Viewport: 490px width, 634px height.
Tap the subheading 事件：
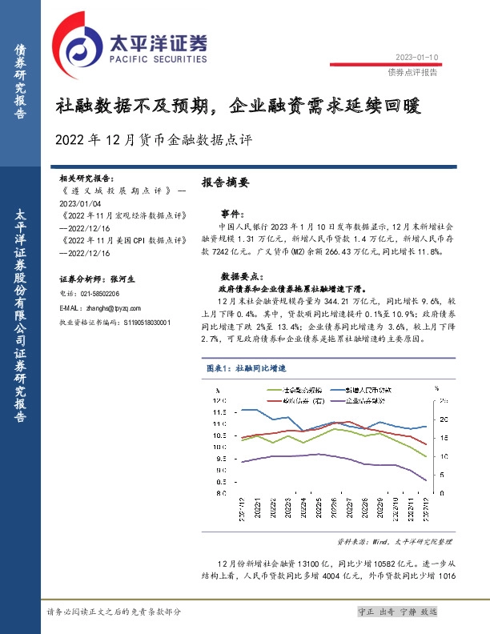(231, 214)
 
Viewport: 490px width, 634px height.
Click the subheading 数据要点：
(237, 273)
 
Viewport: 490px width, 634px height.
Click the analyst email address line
(100, 308)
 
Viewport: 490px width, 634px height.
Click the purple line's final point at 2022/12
(425, 480)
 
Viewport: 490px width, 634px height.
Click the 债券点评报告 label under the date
(412, 71)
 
